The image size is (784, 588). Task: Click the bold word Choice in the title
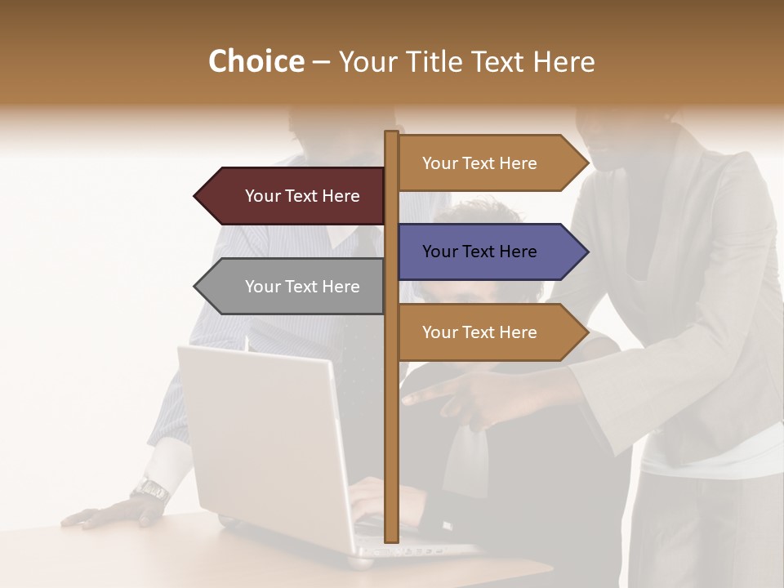coord(256,61)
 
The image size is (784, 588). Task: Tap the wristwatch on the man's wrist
coord(150,490)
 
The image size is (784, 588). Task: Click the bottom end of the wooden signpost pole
coord(391,537)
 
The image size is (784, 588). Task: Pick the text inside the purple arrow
coord(479,252)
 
